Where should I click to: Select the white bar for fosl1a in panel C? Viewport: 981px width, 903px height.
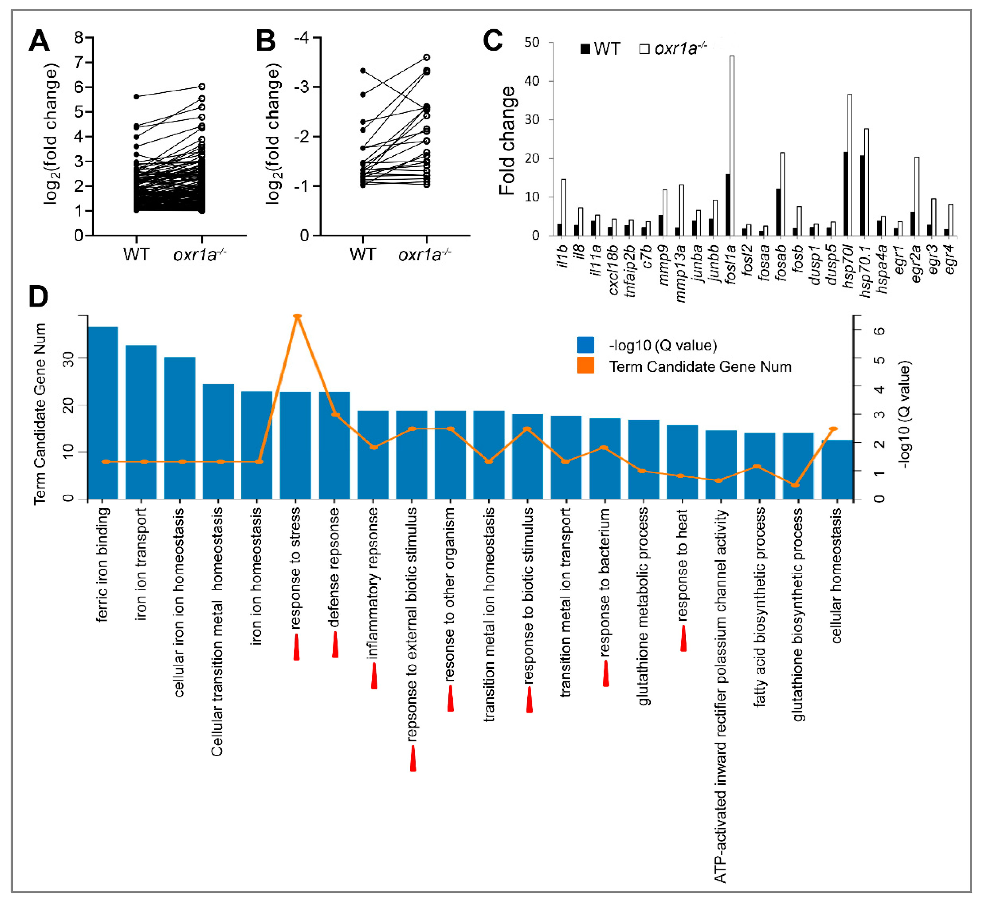pyautogui.click(x=731, y=147)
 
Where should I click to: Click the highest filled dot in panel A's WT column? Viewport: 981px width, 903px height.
pyautogui.click(x=136, y=97)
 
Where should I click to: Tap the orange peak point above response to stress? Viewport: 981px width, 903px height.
pyautogui.click(x=297, y=316)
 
